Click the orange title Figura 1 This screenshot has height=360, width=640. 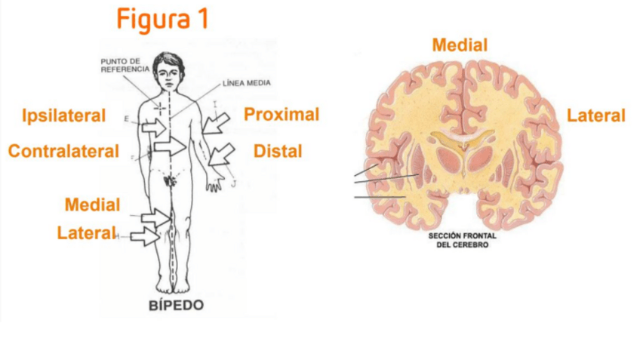(162, 20)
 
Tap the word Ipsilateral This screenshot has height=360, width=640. (63, 115)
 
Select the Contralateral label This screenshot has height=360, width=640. (63, 151)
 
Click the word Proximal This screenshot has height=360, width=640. (282, 115)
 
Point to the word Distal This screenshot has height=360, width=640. (278, 151)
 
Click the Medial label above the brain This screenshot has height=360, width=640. (460, 45)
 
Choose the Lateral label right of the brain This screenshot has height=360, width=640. (596, 115)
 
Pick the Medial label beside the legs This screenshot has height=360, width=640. (92, 205)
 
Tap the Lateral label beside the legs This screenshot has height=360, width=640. (86, 233)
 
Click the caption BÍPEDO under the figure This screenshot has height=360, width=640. (175, 306)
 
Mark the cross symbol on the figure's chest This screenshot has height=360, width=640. (159, 106)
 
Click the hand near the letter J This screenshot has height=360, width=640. (215, 181)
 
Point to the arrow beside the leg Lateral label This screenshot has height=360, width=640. (144, 236)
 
